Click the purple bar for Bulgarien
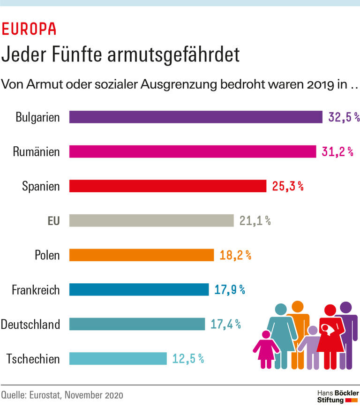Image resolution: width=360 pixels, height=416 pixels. [x=196, y=117]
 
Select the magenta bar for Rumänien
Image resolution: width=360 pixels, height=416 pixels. [x=193, y=151]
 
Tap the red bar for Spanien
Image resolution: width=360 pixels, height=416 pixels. [x=168, y=186]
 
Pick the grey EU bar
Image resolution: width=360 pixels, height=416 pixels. [x=151, y=220]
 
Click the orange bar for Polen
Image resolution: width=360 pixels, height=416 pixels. [x=142, y=255]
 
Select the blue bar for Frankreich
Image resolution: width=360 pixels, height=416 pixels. [x=139, y=289]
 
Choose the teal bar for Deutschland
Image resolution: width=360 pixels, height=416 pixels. [x=137, y=324]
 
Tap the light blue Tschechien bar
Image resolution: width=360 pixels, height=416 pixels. [x=118, y=359]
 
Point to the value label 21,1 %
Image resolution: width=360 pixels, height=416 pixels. [x=255, y=221]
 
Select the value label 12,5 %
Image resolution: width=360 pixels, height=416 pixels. [x=187, y=359]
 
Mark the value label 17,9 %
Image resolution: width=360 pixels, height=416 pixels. [x=230, y=290]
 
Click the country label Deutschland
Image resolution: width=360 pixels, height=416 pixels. [x=30, y=324]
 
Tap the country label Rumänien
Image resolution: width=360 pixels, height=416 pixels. [x=36, y=151]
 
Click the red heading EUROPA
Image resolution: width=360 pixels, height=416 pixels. [x=29, y=29]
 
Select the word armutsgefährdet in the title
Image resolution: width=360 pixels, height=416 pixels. [x=173, y=55]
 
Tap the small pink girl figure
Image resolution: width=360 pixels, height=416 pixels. [x=266, y=349]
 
